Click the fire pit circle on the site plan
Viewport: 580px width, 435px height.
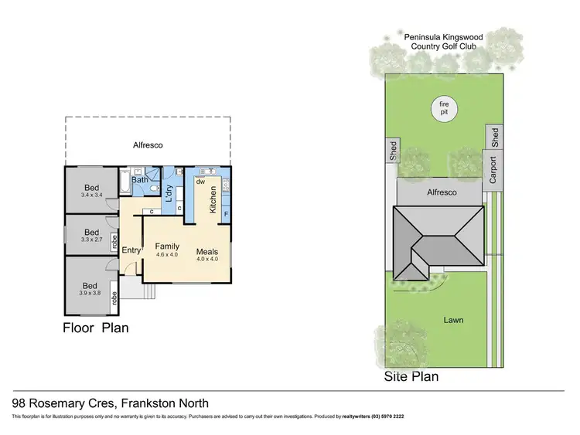444,110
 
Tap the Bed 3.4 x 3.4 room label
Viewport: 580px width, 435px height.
91,190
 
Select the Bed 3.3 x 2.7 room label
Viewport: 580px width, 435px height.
91,236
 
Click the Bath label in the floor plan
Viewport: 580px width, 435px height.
139,180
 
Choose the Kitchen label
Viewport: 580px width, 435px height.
213,199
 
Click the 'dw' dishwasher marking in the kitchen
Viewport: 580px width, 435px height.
200,182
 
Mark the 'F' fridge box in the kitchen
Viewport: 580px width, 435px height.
226,213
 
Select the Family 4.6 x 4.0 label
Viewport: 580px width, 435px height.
167,250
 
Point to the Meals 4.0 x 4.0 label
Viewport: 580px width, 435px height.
206,255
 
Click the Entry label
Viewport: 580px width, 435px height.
131,249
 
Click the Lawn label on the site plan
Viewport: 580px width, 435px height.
453,319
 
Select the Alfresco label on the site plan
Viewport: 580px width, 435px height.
442,192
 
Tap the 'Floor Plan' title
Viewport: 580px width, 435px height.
95,328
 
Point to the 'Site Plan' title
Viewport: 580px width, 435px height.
411,377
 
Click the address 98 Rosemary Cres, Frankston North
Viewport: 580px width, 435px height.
111,403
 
